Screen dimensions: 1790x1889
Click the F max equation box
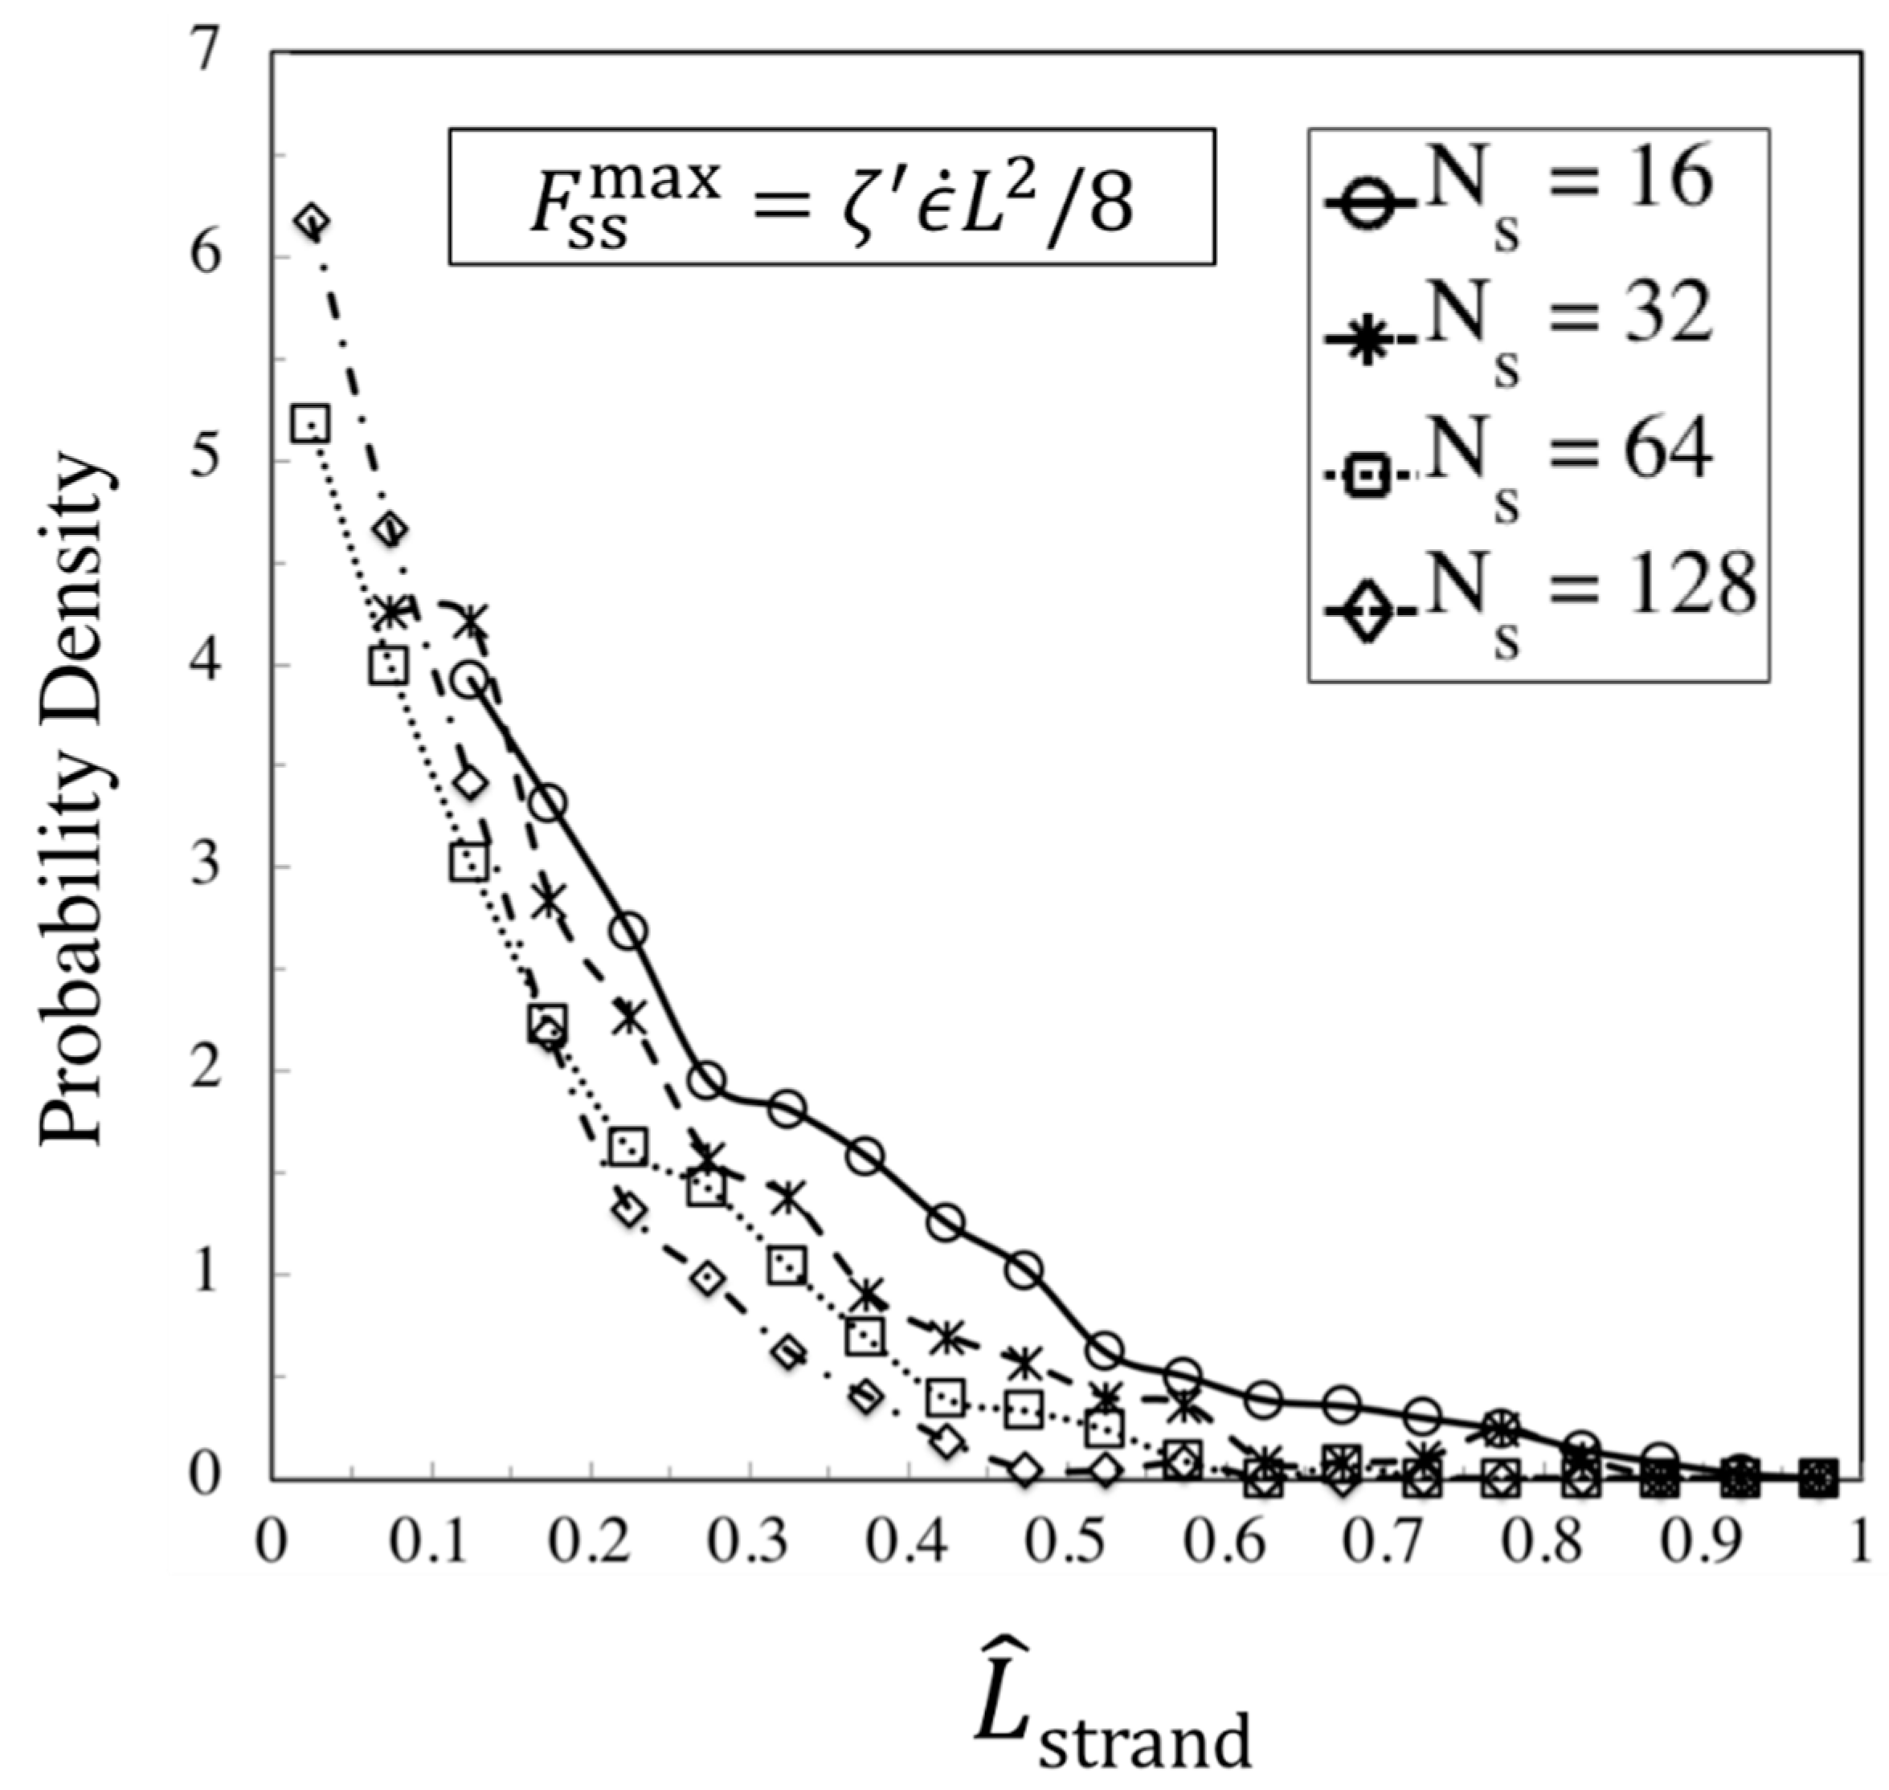pos(832,197)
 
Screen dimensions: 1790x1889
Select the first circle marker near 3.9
pos(469,681)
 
